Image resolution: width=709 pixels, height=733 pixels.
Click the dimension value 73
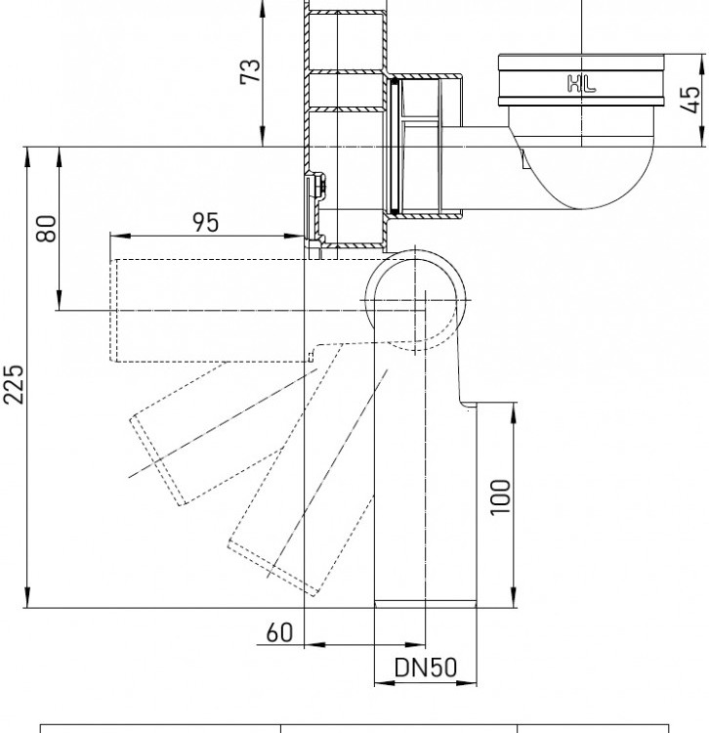coord(250,71)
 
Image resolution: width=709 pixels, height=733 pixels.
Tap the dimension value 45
coord(690,99)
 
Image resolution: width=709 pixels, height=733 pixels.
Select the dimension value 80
coord(46,229)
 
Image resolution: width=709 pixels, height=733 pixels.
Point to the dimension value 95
coord(205,222)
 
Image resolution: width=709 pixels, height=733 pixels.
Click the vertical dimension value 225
coord(13,384)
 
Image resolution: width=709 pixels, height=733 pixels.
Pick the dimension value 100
coord(500,496)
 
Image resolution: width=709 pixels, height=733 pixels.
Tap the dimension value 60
coord(279,632)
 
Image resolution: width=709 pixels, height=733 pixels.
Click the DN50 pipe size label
coord(426,668)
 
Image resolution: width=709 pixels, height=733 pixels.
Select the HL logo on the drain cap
coord(581,84)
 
